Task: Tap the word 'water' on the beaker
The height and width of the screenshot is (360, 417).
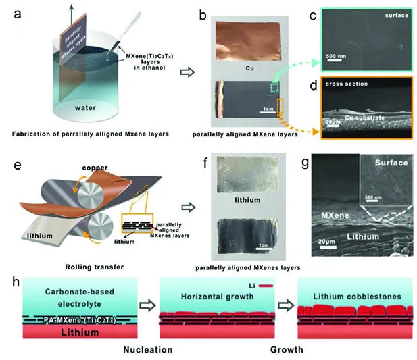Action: click(x=88, y=106)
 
